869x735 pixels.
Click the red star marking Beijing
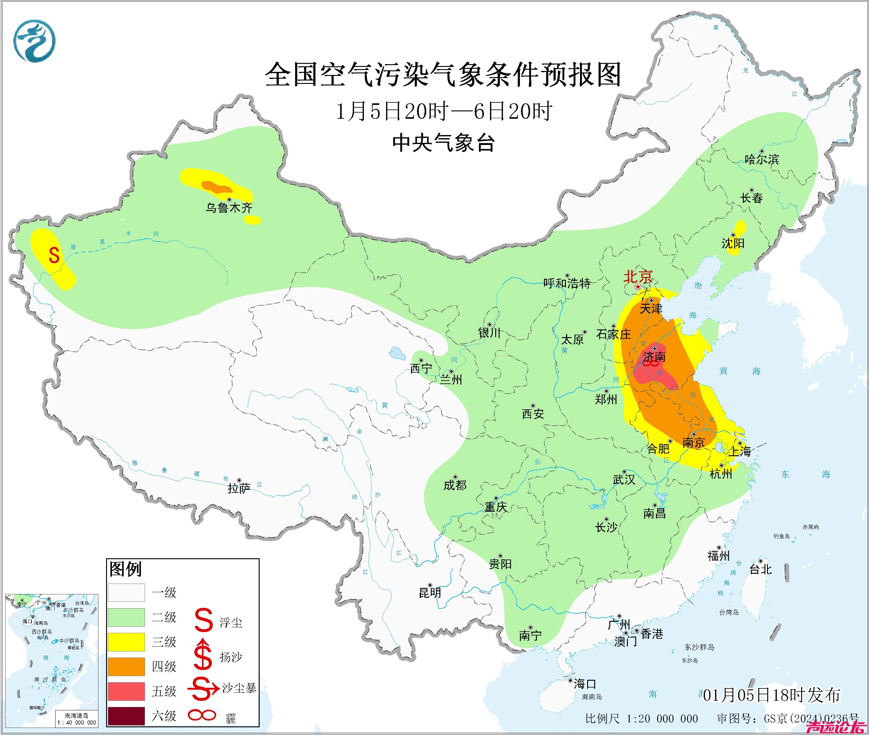638,287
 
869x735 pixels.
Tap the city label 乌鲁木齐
229,208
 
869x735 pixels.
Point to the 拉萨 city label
239,488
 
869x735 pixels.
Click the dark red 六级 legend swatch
126,716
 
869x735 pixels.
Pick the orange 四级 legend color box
126,666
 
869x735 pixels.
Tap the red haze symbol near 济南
651,363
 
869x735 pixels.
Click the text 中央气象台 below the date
443,143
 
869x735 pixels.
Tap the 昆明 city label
430,593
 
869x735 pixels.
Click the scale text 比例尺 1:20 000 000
641,718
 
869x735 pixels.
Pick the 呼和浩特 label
567,284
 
